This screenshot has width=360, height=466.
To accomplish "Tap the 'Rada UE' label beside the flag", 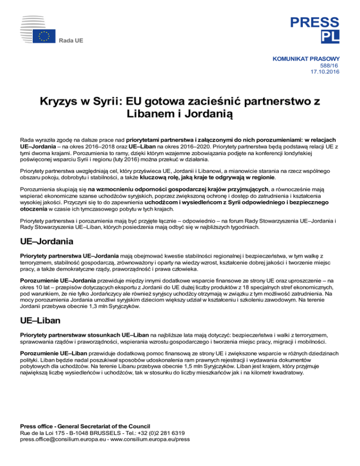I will tap(71, 41).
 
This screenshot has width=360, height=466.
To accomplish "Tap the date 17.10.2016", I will tap(324, 72).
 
